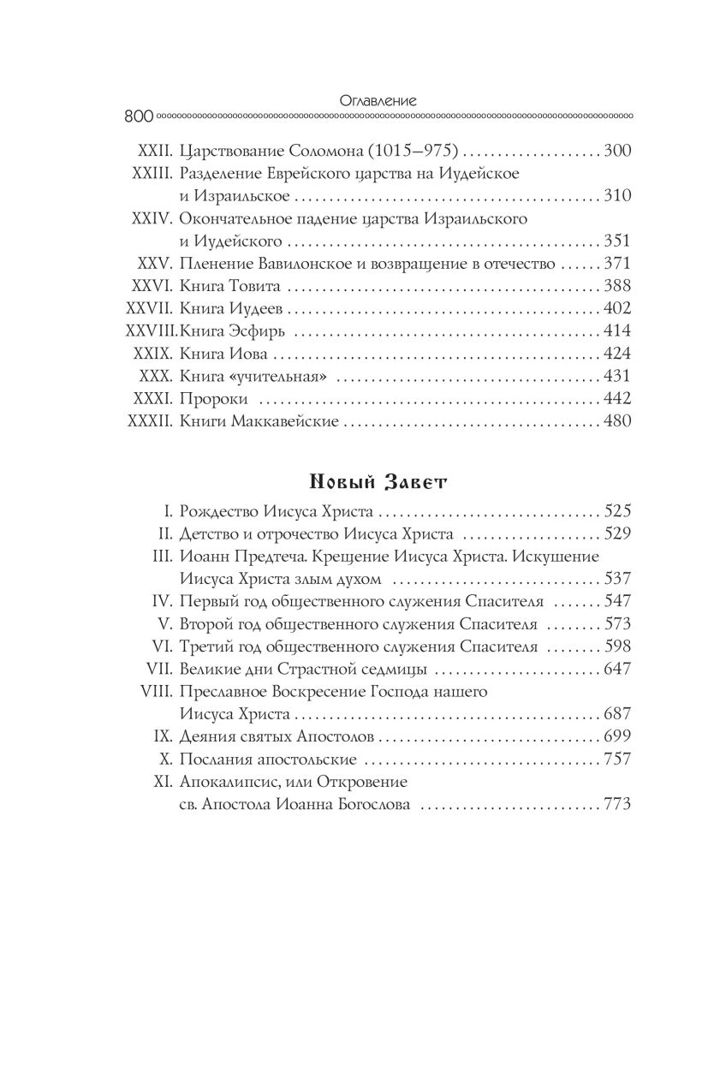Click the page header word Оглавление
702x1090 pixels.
point(378,99)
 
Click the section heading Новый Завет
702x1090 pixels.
point(378,484)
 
